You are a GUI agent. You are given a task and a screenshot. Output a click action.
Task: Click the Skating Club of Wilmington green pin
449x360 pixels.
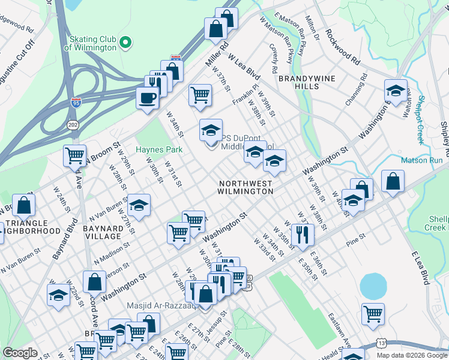click(125, 42)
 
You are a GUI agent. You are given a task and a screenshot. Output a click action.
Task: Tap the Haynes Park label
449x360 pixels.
click(158, 149)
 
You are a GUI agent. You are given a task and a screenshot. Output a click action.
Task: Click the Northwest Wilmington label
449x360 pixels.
click(246, 187)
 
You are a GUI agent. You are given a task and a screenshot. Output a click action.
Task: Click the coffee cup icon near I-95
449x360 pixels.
click(147, 98)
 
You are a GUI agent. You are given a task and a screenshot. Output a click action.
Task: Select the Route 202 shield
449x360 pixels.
click(73, 125)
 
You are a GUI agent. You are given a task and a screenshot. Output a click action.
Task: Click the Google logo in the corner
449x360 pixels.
click(20, 353)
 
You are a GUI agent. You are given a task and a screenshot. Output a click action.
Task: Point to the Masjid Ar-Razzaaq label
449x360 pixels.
click(161, 305)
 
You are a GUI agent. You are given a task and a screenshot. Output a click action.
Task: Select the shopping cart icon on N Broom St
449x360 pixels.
click(75, 155)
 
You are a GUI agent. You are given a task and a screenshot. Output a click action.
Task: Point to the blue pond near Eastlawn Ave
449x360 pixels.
click(373, 286)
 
